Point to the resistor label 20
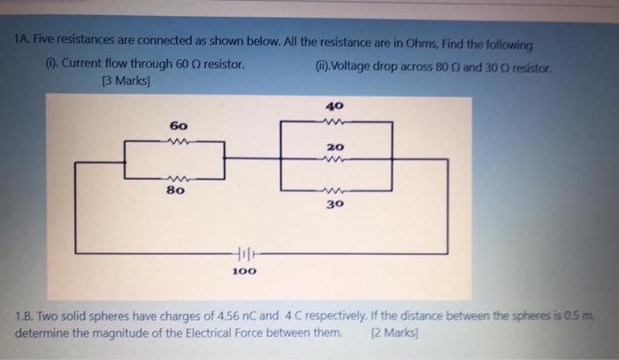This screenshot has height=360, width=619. pyautogui.click(x=334, y=147)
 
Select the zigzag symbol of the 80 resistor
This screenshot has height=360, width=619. pyautogui.click(x=177, y=174)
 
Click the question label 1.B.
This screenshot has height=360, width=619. pyautogui.click(x=29, y=317)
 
